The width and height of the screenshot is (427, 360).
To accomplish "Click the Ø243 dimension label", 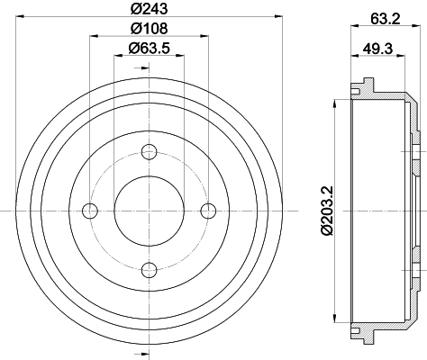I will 149,11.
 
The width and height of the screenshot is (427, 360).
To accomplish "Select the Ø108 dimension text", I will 149,30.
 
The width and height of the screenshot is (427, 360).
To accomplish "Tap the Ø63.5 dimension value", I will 149,49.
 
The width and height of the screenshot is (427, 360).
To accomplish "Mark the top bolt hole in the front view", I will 150,150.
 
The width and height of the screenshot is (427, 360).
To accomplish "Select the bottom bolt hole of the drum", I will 150,269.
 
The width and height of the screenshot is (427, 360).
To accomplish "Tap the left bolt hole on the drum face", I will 89,210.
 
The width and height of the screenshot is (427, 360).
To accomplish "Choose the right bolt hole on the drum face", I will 209,210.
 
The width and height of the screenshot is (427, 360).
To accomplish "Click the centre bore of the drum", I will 150,210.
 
